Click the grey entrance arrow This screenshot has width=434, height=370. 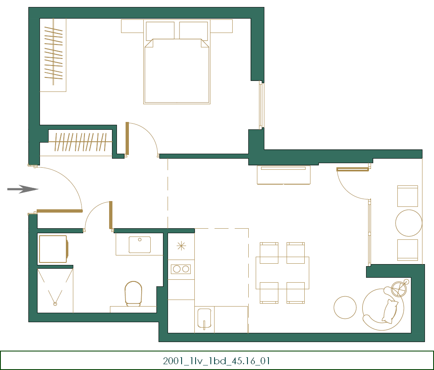pos(23,189)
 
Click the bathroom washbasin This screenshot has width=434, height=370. pos(140,245)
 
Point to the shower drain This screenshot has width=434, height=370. pos(55,304)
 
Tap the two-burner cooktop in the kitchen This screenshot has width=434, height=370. pos(181,269)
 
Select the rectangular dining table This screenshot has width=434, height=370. pos(282,273)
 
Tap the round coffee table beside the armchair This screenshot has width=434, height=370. pos(345,307)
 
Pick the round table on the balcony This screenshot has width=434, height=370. pos(408,223)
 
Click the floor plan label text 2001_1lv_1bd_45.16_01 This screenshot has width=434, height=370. pos(217,361)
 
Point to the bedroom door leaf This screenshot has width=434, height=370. pos(127,138)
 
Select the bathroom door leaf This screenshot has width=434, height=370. pos(110,215)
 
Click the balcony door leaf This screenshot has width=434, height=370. pos(352,169)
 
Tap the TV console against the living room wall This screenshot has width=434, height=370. pos(284,175)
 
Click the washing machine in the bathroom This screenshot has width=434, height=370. pos(53,249)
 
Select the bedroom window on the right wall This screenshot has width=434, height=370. pos(261,105)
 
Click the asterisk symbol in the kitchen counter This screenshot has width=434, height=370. pos(181,246)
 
